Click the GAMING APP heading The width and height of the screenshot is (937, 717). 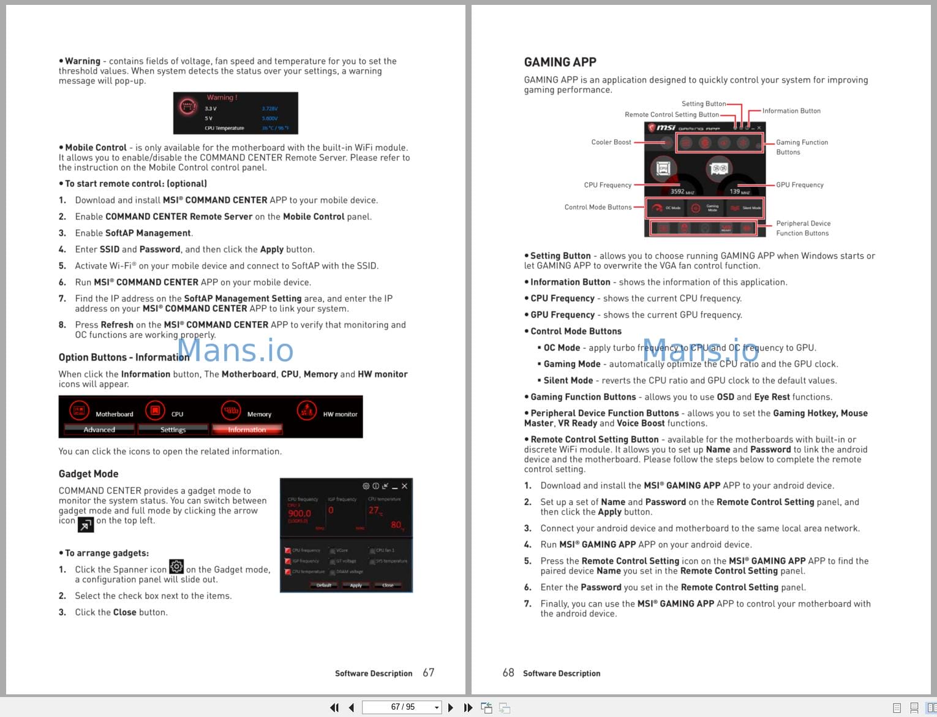[560, 62]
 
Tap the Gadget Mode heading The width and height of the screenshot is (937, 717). [88, 474]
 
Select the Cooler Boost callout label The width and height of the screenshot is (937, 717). [611, 142]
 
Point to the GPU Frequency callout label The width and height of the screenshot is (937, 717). [799, 185]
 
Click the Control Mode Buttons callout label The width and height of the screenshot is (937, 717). [598, 207]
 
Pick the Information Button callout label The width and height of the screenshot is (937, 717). [791, 111]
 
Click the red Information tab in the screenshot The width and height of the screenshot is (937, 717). [247, 430]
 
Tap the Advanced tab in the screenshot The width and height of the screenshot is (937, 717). [99, 430]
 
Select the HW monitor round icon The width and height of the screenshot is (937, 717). [306, 411]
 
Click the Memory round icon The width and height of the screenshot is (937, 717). [231, 411]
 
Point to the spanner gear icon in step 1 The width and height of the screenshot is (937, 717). [176, 567]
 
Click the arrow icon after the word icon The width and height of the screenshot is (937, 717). [86, 525]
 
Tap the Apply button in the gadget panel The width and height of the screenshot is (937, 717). [356, 585]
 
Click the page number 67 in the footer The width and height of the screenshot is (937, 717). [428, 673]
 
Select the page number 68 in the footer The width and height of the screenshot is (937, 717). [508, 673]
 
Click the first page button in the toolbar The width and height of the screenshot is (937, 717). [334, 708]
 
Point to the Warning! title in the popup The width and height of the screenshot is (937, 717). [222, 97]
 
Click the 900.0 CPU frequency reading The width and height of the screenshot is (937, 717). [299, 514]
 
